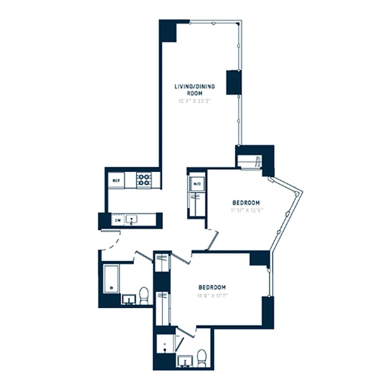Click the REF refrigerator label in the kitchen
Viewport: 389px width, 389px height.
116,180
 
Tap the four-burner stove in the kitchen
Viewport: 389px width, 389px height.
143,180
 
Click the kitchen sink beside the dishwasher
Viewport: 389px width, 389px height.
131,220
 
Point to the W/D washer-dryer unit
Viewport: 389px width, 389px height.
197,185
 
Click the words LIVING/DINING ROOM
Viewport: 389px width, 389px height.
194,89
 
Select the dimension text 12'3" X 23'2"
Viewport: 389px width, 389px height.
194,102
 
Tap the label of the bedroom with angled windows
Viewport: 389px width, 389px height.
246,203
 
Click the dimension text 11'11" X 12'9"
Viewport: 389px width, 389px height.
246,211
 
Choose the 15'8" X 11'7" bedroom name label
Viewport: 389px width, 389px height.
212,287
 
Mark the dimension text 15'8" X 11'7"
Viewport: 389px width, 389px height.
212,295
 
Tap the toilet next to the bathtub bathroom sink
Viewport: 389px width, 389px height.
144,295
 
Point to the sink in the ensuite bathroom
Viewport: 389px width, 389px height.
185,361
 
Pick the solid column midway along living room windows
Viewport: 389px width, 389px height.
233,82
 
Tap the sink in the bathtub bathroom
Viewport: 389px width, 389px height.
128,298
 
